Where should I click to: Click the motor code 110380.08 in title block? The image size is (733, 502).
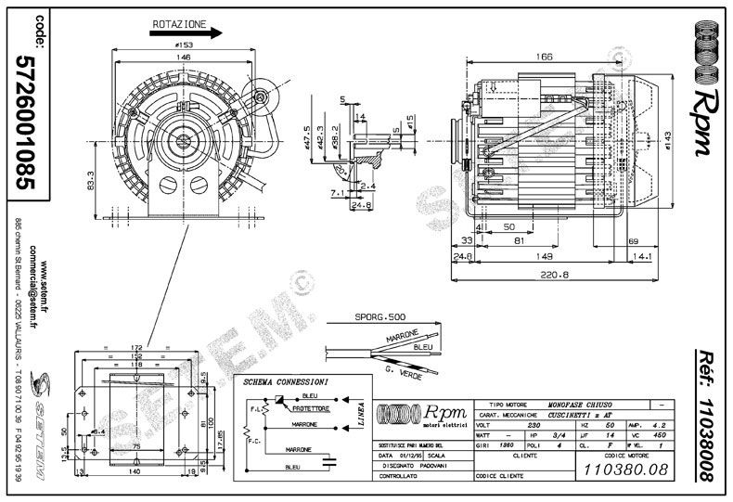[x=624, y=470]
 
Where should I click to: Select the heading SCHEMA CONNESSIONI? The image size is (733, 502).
[x=283, y=381]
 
